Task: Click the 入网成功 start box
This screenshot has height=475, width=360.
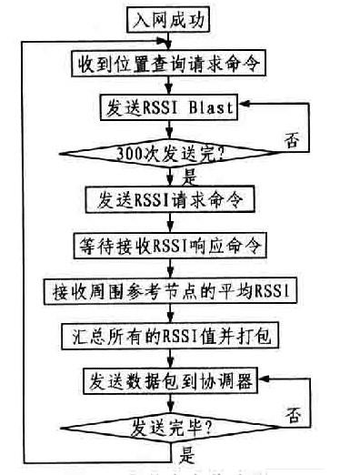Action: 170,17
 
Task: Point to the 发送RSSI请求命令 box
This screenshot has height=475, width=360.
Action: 170,197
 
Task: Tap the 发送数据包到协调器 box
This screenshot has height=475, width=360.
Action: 170,381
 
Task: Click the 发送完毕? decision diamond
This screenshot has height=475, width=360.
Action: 170,426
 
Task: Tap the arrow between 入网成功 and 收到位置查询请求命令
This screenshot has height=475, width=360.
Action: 170,38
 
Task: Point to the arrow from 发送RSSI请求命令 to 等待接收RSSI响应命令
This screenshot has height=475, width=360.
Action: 170,221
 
